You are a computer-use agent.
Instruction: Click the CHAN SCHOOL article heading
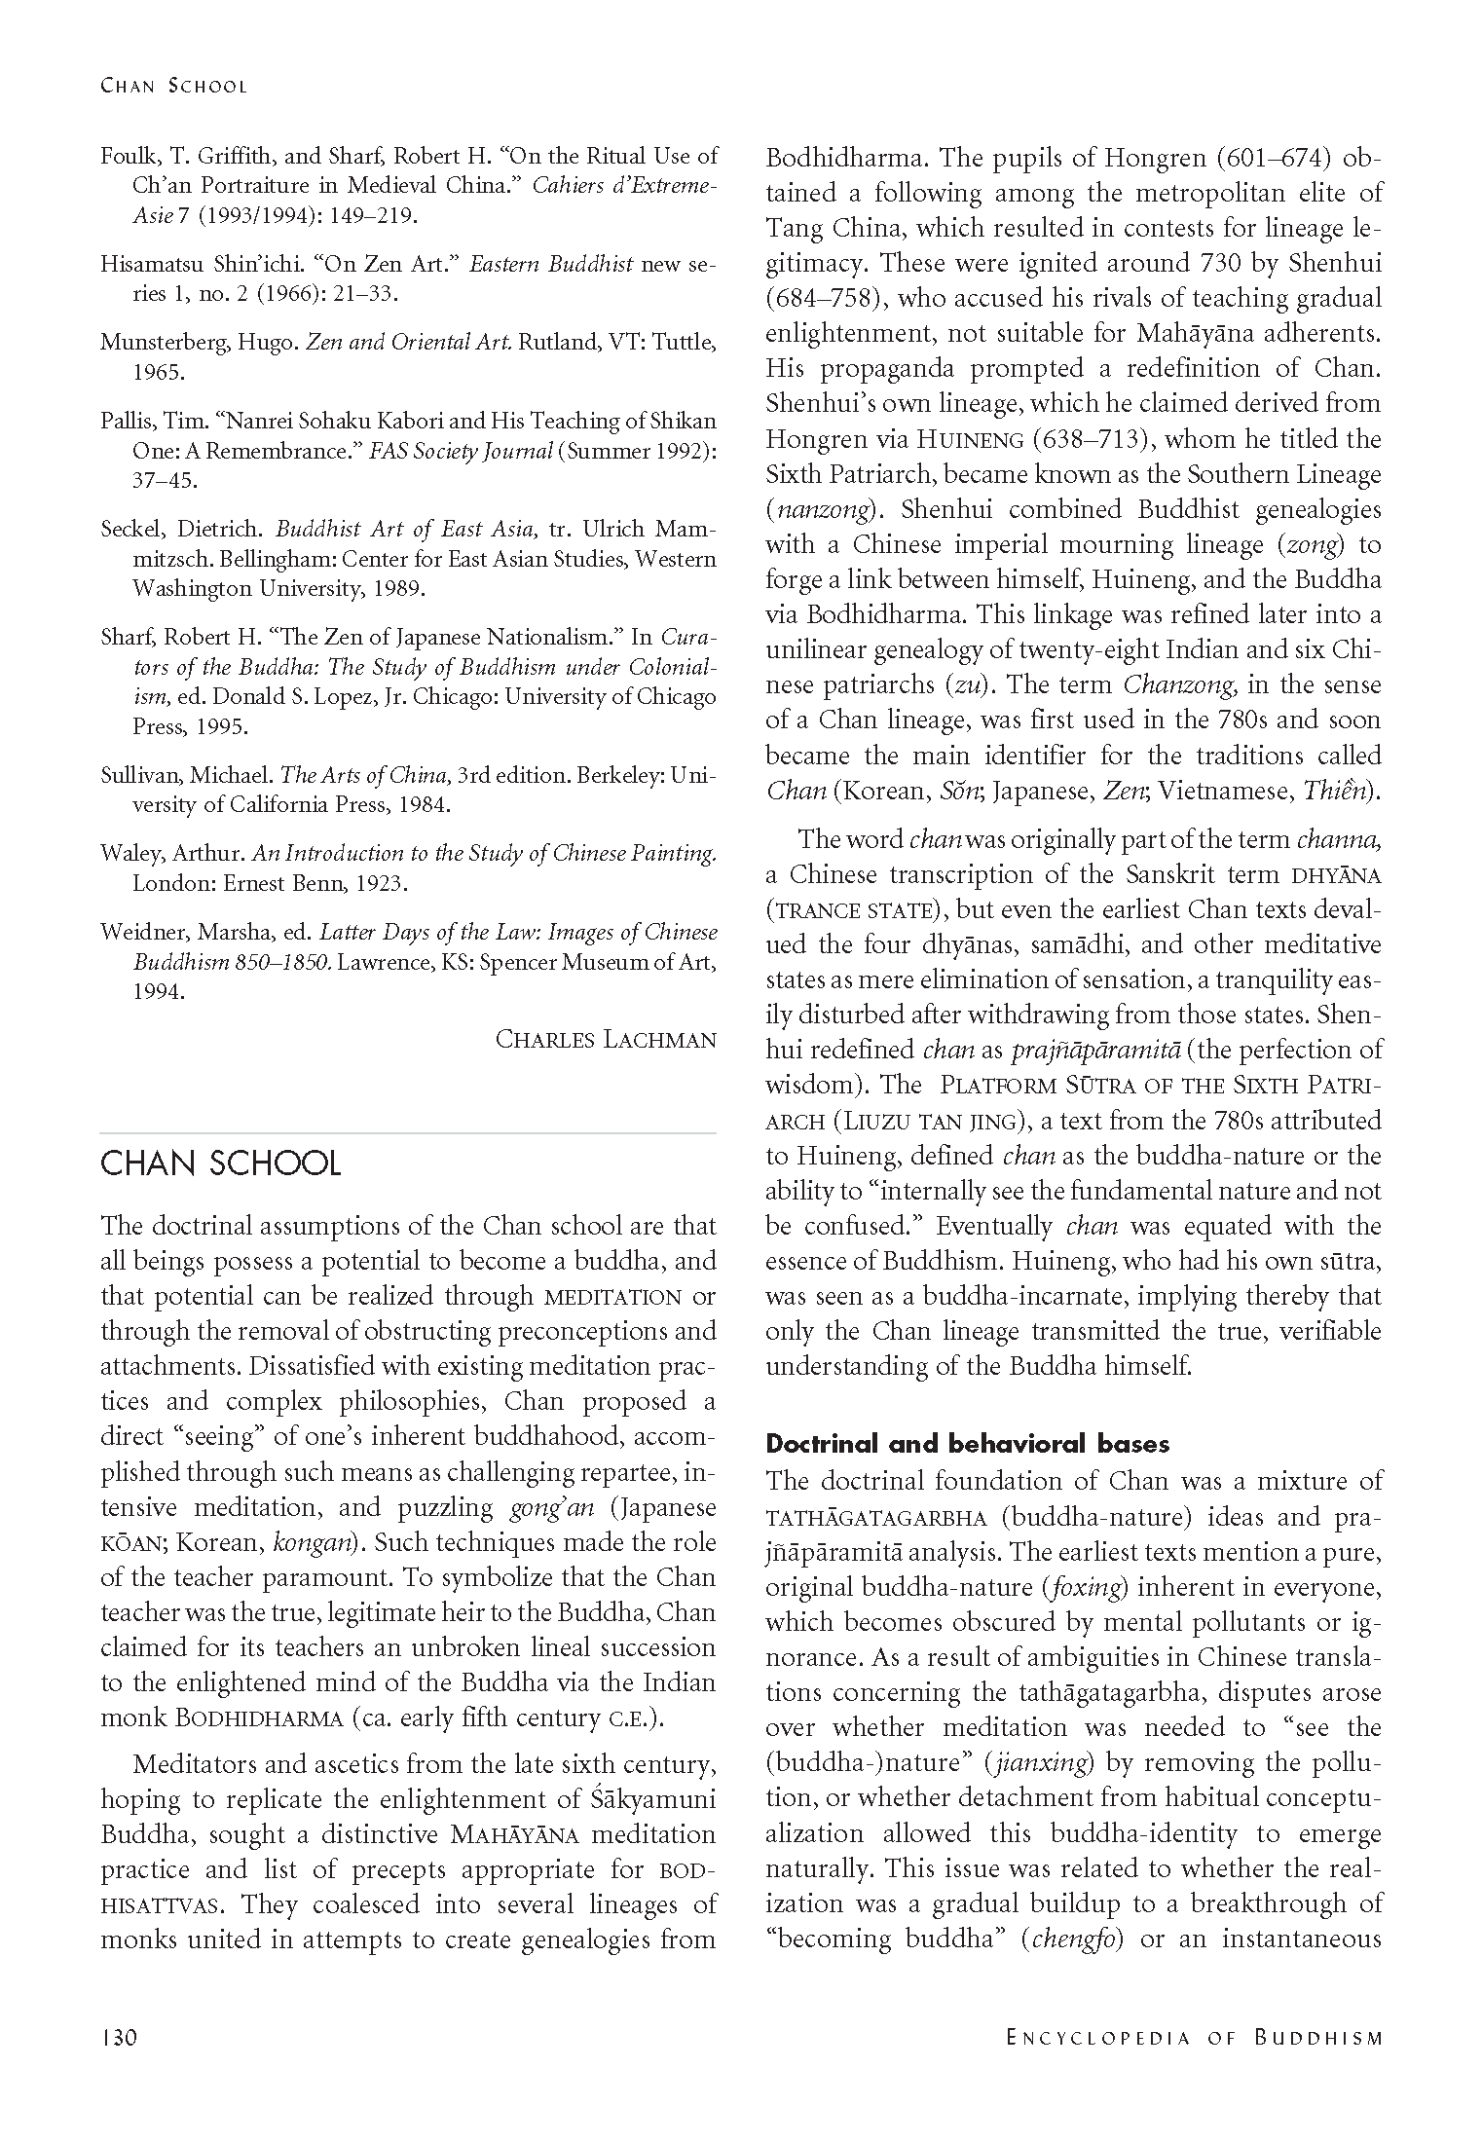click(220, 1163)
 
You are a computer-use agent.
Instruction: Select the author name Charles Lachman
click(606, 1039)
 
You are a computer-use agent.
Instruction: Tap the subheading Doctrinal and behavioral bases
click(967, 1443)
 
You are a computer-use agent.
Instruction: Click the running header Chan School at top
click(174, 86)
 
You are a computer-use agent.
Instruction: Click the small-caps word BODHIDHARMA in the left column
click(260, 1718)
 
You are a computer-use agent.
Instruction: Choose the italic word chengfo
click(1073, 1939)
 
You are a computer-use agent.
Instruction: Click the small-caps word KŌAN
click(127, 1543)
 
